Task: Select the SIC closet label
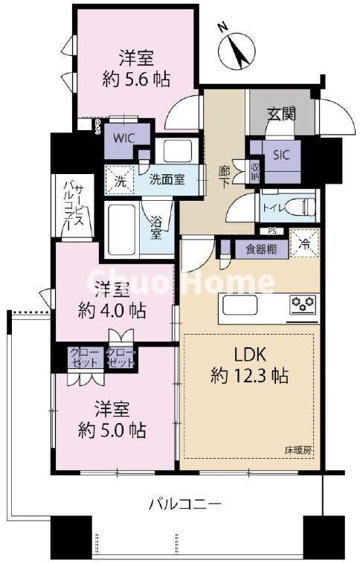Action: (x=281, y=155)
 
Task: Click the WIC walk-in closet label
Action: (x=123, y=138)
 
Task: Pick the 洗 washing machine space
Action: (x=120, y=179)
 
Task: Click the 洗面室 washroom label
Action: (x=166, y=178)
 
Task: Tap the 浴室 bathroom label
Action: (x=157, y=226)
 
